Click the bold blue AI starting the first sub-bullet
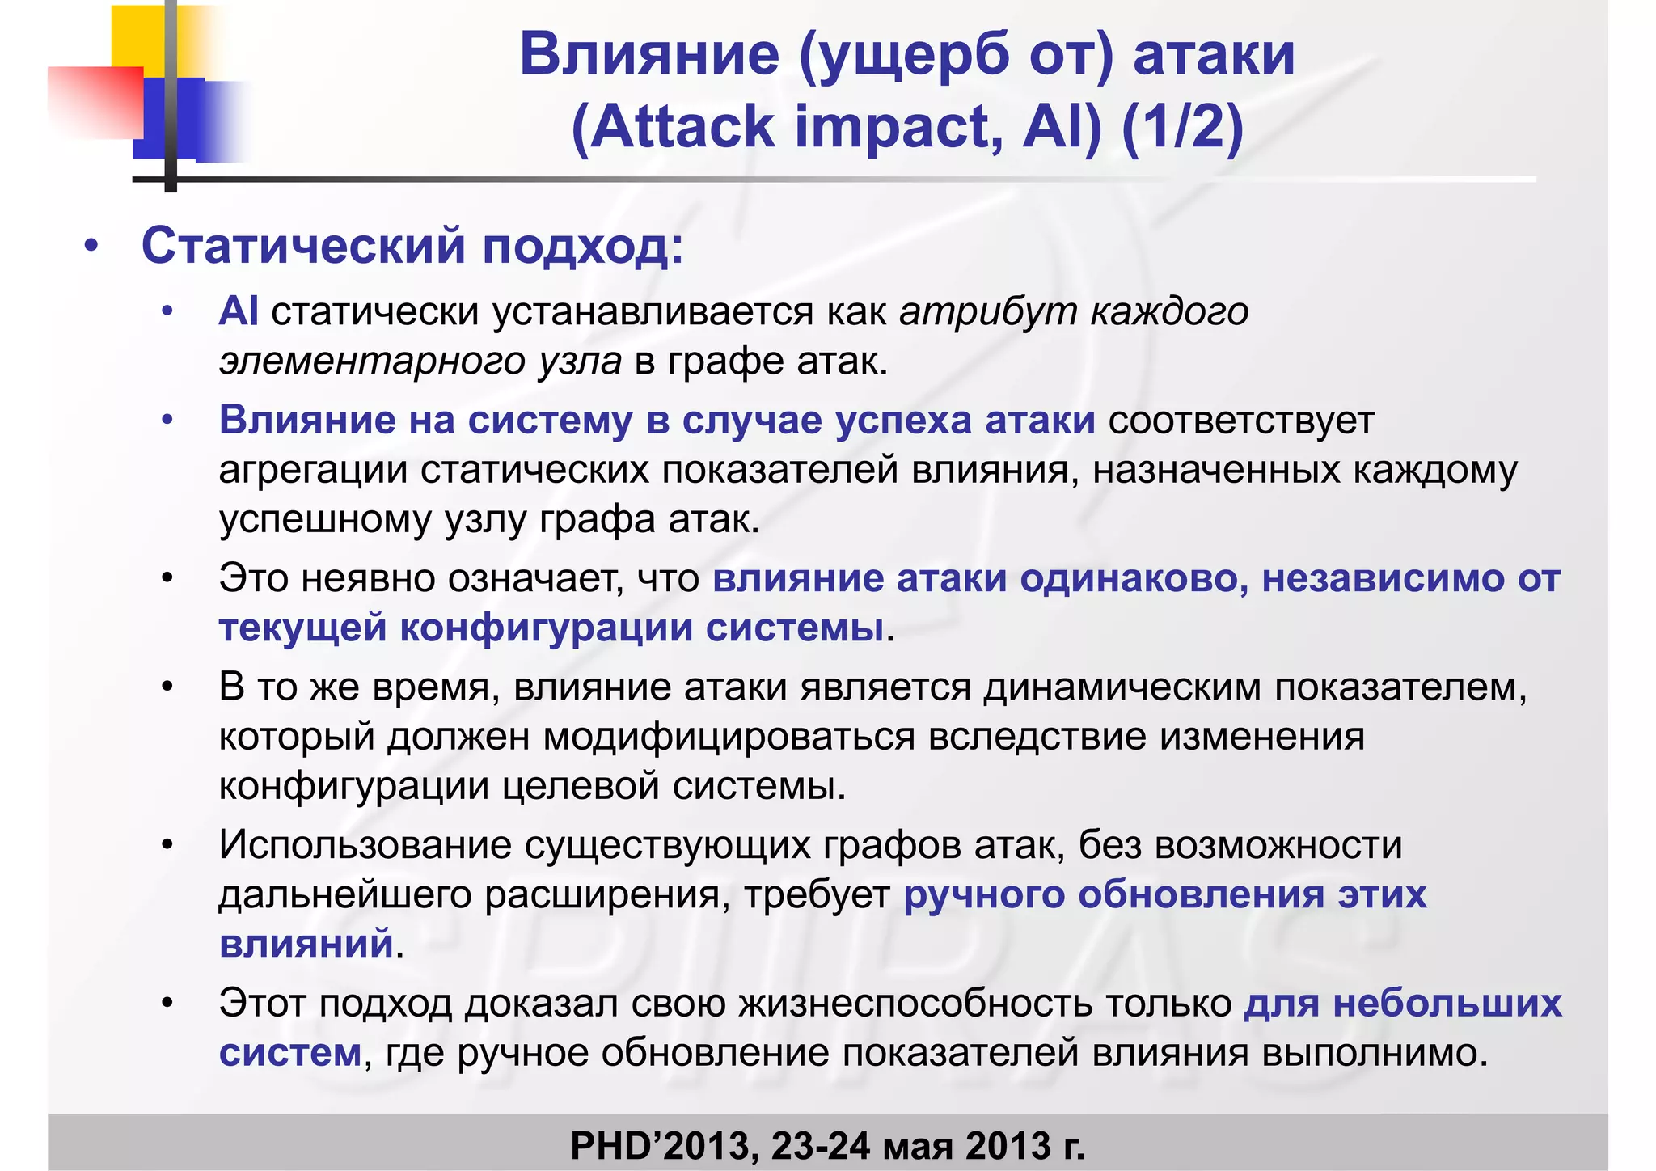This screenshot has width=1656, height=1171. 239,311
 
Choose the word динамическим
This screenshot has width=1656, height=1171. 1123,687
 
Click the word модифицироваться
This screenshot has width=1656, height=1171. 729,737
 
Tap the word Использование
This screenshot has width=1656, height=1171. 365,845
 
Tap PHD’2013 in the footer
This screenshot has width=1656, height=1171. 663,1145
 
